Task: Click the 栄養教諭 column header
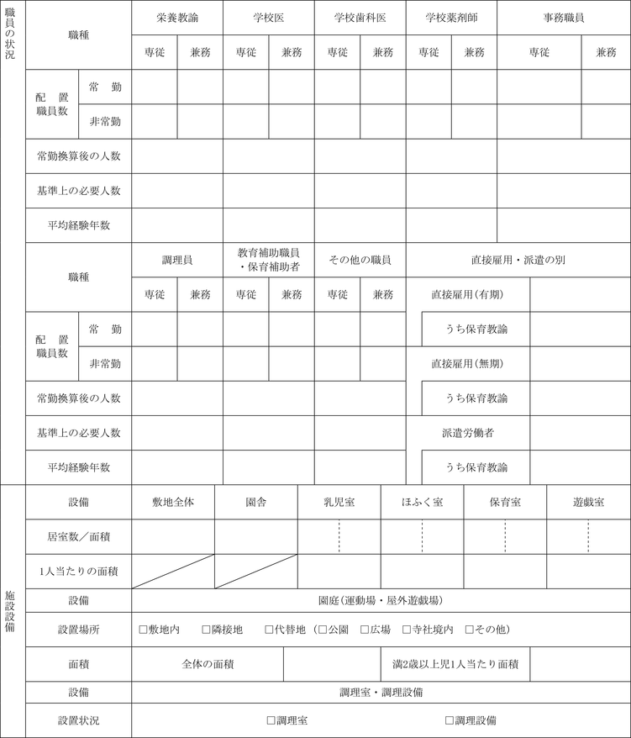[177, 17]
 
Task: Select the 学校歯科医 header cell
[360, 17]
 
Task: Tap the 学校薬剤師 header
[451, 17]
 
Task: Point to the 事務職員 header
[563, 17]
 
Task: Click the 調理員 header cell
[177, 260]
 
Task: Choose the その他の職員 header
[360, 260]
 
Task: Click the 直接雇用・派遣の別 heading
[518, 260]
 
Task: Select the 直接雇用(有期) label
[466, 294]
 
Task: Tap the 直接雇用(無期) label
[466, 363]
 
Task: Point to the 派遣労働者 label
[467, 432]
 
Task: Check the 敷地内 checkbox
[143, 629]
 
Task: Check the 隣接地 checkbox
[206, 629]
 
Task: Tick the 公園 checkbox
[323, 629]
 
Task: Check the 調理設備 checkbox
[450, 720]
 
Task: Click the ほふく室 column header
[422, 502]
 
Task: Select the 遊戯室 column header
[588, 502]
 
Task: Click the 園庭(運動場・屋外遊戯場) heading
[381, 600]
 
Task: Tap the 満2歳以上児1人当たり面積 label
[455, 663]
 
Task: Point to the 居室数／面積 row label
[78, 535]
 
